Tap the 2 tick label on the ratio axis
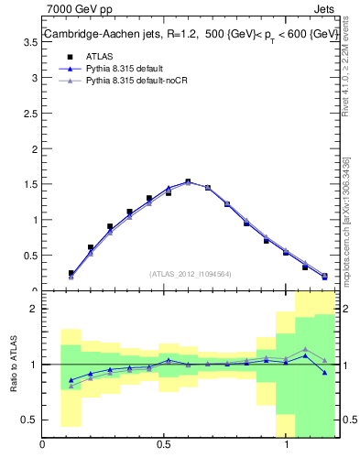point(35,309)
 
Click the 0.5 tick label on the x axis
point(164,447)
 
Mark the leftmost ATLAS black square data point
point(71,273)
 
